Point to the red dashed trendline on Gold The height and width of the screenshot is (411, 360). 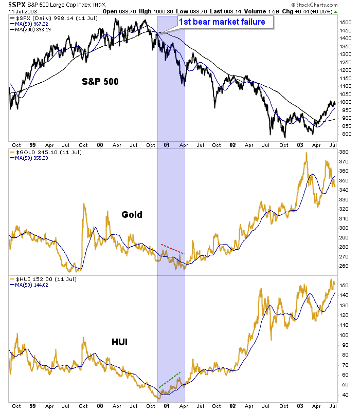[x=172, y=249]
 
